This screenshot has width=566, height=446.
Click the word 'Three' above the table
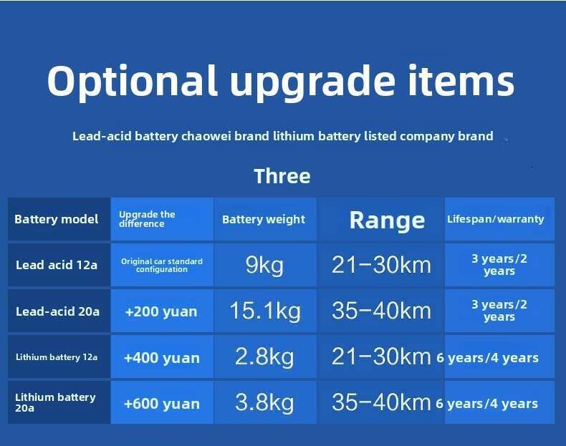(282, 176)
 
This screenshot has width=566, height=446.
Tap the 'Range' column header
(387, 220)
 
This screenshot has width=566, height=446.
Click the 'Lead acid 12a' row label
(57, 265)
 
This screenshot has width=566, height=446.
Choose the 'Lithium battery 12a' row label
(57, 357)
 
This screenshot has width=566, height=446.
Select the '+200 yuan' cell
(161, 311)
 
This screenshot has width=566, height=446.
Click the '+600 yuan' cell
(161, 404)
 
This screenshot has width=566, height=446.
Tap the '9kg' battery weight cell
(264, 266)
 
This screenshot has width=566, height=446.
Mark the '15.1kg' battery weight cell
(265, 311)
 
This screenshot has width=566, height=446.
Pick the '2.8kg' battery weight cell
(264, 357)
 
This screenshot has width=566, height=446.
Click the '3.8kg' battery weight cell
(264, 403)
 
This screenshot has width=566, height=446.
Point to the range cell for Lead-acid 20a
(381, 311)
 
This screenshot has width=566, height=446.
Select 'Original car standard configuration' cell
(162, 265)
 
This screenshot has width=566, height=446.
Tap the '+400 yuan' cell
(161, 358)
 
